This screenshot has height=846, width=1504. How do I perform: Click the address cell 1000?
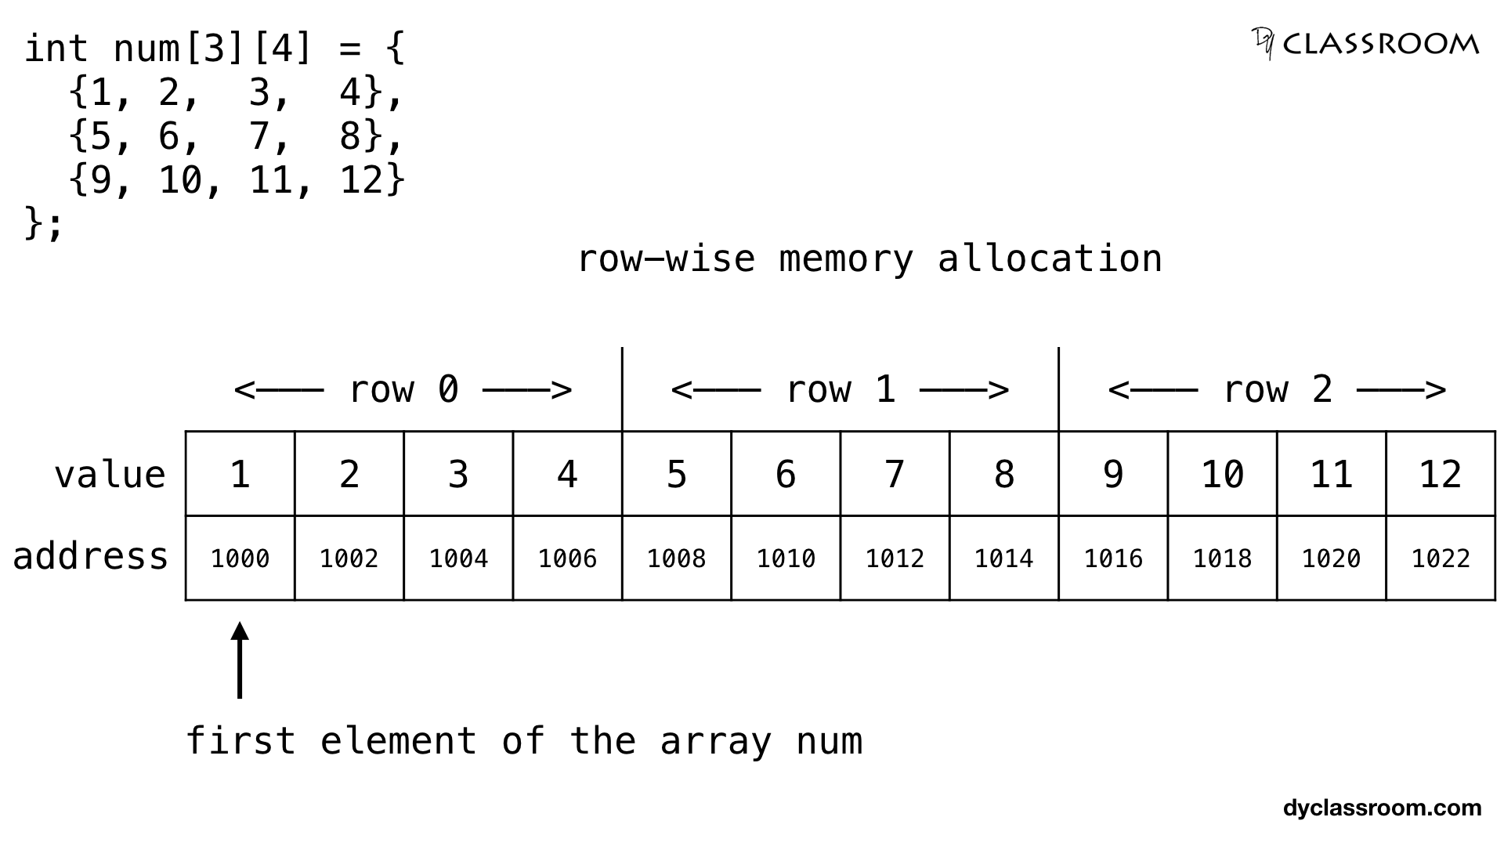[x=240, y=558]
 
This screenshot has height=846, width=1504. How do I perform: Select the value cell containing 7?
[x=895, y=473]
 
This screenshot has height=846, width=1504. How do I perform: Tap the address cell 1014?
[x=1003, y=558]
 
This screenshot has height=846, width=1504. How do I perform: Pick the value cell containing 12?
[x=1440, y=473]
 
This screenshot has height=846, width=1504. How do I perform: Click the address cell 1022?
[x=1440, y=558]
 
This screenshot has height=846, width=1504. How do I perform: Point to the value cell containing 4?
[x=567, y=473]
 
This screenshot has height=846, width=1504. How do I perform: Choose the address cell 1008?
[x=676, y=558]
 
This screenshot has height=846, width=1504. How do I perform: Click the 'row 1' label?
[x=840, y=389]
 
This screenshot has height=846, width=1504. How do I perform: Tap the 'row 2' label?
[x=1277, y=389]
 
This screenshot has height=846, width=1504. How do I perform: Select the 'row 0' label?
[x=403, y=389]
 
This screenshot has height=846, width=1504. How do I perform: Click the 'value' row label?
[x=110, y=475]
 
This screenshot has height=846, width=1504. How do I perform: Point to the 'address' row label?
[x=91, y=556]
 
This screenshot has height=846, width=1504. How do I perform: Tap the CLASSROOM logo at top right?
[x=1365, y=44]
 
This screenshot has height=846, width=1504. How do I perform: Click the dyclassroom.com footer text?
[x=1382, y=808]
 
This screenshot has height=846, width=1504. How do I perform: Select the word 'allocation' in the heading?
[x=1050, y=258]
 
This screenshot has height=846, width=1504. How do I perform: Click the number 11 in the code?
[x=270, y=180]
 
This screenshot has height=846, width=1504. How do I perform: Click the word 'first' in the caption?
[x=240, y=740]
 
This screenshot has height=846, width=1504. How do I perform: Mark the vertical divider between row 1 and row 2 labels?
[x=1058, y=389]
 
